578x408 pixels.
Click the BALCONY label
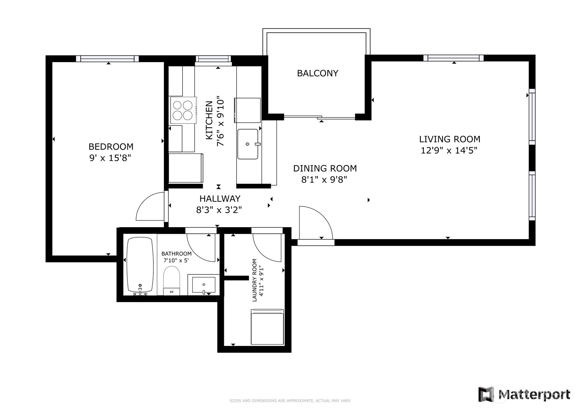[x=317, y=73]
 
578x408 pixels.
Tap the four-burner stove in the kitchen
[x=183, y=110]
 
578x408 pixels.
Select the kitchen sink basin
[x=248, y=144]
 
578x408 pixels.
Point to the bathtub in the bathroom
[x=140, y=266]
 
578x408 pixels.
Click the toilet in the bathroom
[x=172, y=281]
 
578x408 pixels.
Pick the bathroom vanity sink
[x=204, y=285]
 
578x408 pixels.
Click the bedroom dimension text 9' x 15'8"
[x=111, y=158]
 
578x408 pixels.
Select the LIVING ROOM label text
[x=450, y=139]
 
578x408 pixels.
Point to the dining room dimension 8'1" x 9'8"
[x=324, y=179]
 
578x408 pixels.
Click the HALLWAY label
[x=220, y=198]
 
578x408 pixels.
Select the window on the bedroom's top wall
[x=107, y=59]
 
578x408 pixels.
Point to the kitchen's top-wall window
[x=213, y=59]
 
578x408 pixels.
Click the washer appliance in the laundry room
[x=267, y=327]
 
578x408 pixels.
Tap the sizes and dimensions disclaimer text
[x=290, y=401]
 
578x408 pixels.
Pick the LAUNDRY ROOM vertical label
[x=258, y=280]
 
